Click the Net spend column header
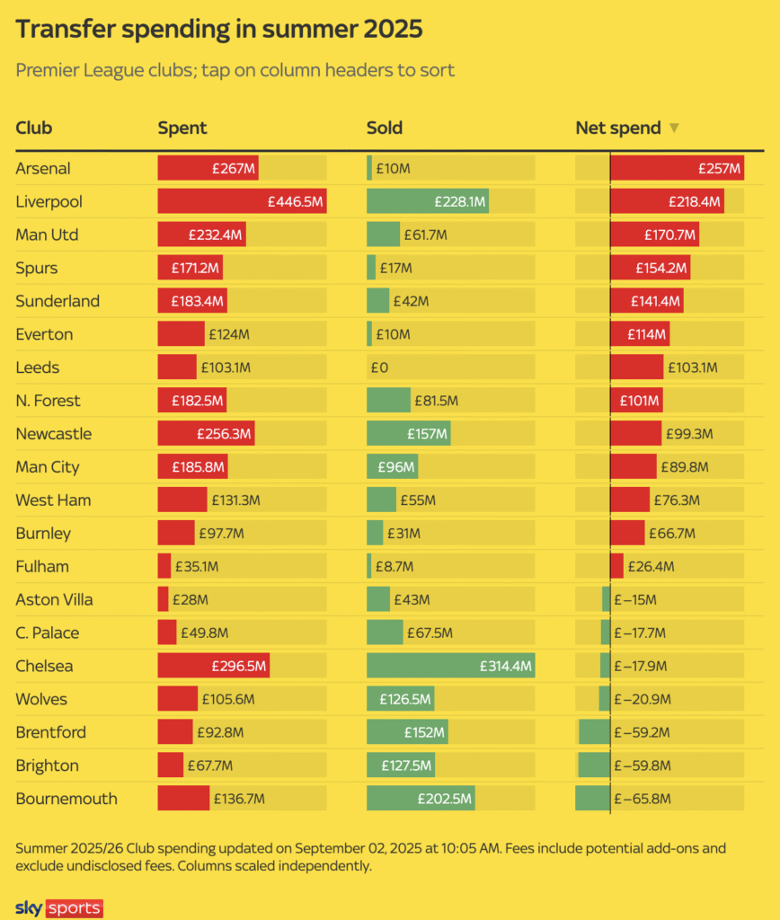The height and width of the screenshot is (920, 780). pos(617,128)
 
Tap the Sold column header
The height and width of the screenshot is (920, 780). pos(384,128)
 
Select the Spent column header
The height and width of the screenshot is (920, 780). pos(182,128)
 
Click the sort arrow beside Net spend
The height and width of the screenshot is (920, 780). pos(674,128)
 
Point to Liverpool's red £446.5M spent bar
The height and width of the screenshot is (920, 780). pos(242,201)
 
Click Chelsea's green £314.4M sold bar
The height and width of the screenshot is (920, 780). pos(450,667)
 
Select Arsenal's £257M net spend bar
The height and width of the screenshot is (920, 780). pos(677,168)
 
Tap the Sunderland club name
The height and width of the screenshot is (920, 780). pos(58,301)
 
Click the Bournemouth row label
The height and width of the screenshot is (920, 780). pos(66,799)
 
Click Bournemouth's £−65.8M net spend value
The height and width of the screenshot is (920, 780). pos(642,799)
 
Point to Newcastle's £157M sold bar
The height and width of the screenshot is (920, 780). pos(408,434)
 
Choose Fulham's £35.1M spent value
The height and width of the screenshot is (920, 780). pos(198,567)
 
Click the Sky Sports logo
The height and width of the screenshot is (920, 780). pos(59,908)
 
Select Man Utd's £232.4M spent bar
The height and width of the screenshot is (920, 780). pos(201,234)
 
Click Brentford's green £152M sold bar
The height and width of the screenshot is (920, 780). pos(407,732)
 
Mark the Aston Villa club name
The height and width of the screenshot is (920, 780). pos(54,600)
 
